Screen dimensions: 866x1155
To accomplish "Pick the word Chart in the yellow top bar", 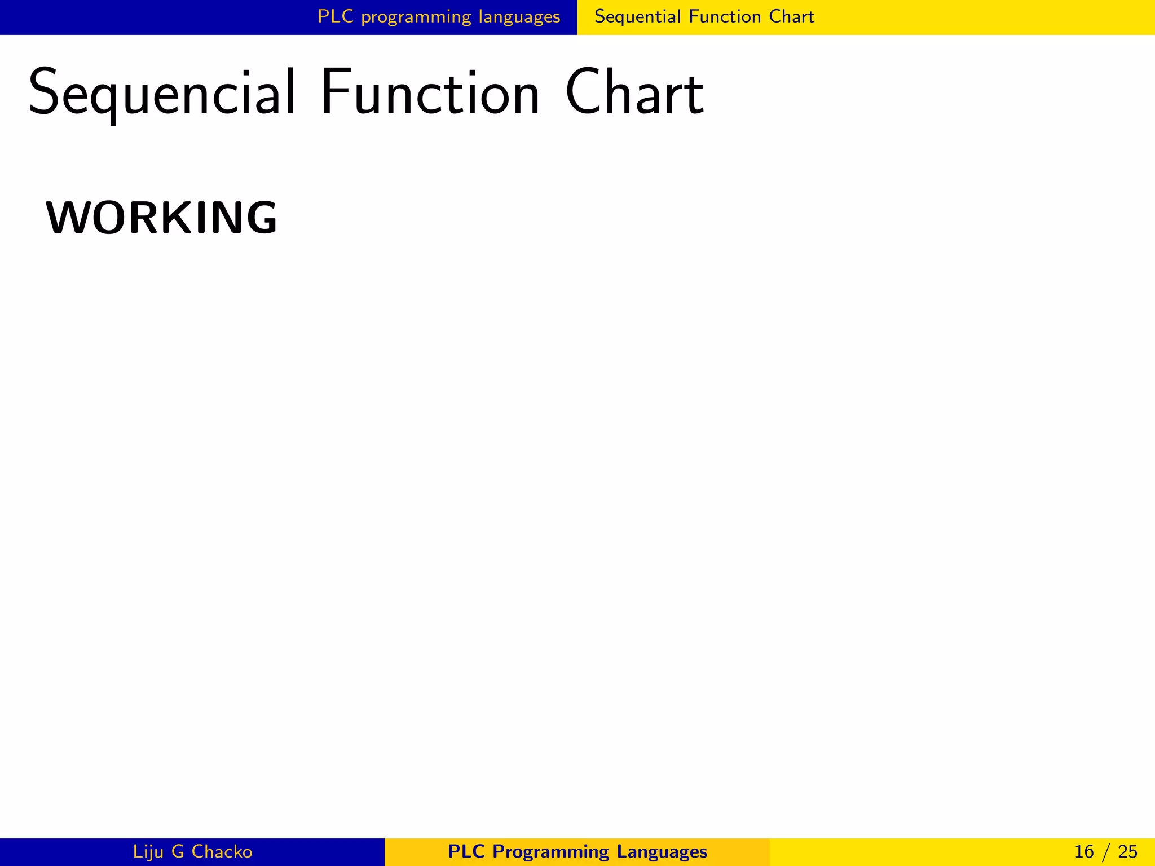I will (792, 16).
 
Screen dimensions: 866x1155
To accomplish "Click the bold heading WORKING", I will (161, 218).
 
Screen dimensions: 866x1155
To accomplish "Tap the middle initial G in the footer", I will (178, 851).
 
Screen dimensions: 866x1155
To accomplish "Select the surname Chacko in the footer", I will (222, 851).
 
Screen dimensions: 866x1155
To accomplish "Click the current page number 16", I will (1084, 851).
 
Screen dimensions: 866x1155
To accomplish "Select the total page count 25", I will (1127, 851).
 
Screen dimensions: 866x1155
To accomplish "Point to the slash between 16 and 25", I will (1106, 851).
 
